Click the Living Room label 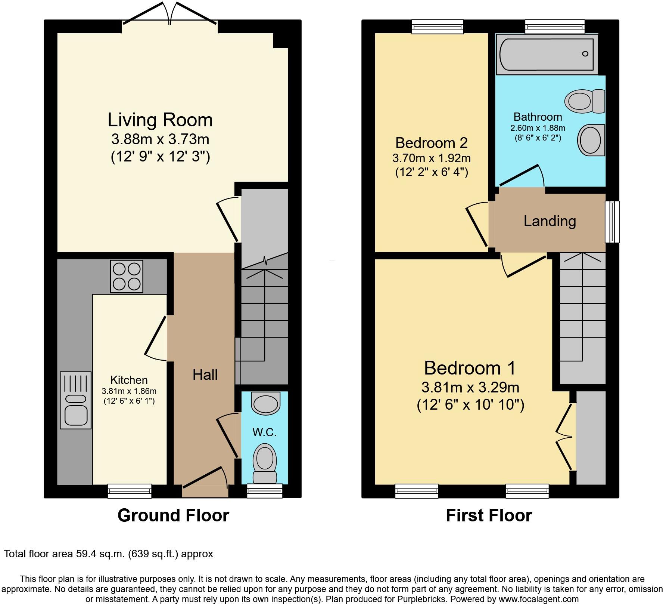pyautogui.click(x=160, y=120)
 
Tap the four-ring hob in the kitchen pyautogui.click(x=127, y=276)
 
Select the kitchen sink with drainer pyautogui.click(x=75, y=400)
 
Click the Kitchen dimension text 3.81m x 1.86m pyautogui.click(x=129, y=391)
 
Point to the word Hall pyautogui.click(x=205, y=375)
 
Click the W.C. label pyautogui.click(x=264, y=432)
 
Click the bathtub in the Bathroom pyautogui.click(x=546, y=54)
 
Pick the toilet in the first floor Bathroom pyautogui.click(x=584, y=101)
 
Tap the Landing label pyautogui.click(x=550, y=221)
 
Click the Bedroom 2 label pyautogui.click(x=431, y=143)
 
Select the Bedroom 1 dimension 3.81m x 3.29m pyautogui.click(x=470, y=387)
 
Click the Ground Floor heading pyautogui.click(x=173, y=515)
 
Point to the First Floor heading pyautogui.click(x=489, y=515)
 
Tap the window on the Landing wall pyautogui.click(x=612, y=222)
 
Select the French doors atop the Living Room pyautogui.click(x=170, y=15)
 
